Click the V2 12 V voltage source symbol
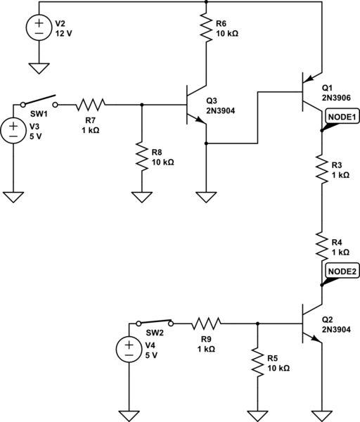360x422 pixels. click(38, 29)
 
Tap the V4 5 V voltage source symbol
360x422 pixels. click(131, 350)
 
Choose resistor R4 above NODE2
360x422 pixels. click(321, 248)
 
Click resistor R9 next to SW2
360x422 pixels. click(206, 324)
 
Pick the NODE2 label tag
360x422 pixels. click(343, 271)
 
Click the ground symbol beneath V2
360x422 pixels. click(38, 68)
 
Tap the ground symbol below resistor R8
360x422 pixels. click(143, 197)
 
